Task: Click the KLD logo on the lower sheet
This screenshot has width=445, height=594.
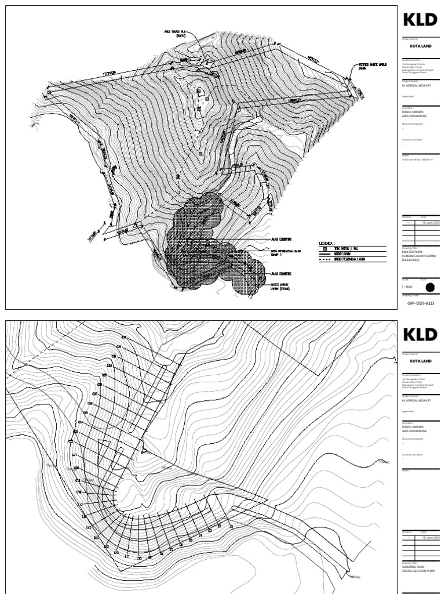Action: [420, 335]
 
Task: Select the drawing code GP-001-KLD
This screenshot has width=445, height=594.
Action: [420, 303]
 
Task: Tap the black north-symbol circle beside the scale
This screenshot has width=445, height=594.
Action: [429, 286]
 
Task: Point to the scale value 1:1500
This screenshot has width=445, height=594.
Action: [407, 287]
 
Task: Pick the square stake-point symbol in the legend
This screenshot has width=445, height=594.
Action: [324, 248]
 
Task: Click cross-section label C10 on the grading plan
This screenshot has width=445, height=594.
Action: [139, 558]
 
